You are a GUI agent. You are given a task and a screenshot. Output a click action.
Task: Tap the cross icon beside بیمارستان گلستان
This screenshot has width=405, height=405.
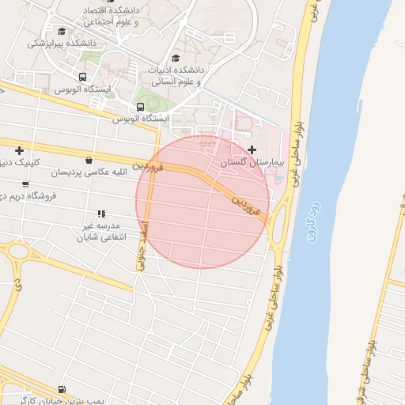click(252, 150)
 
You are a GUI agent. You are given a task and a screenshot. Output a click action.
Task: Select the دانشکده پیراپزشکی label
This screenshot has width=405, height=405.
click(62, 43)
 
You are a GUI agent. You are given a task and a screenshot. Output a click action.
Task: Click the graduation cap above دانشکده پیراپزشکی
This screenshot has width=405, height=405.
click(62, 31)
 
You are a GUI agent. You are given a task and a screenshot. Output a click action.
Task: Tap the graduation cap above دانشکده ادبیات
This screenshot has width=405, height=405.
click(176, 58)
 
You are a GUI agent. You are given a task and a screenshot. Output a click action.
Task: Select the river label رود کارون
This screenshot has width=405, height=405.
click(311, 223)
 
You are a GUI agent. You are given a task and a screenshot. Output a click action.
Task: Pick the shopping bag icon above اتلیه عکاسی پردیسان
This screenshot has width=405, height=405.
click(88, 160)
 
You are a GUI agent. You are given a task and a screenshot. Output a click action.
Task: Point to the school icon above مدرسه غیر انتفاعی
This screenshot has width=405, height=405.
click(100, 214)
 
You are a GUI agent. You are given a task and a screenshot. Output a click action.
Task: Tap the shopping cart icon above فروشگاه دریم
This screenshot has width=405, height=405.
click(25, 184)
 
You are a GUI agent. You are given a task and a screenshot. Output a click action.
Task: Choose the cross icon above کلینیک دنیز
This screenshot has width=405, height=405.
click(18, 150)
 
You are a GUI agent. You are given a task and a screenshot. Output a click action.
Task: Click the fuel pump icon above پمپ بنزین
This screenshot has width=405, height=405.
click(62, 390)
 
